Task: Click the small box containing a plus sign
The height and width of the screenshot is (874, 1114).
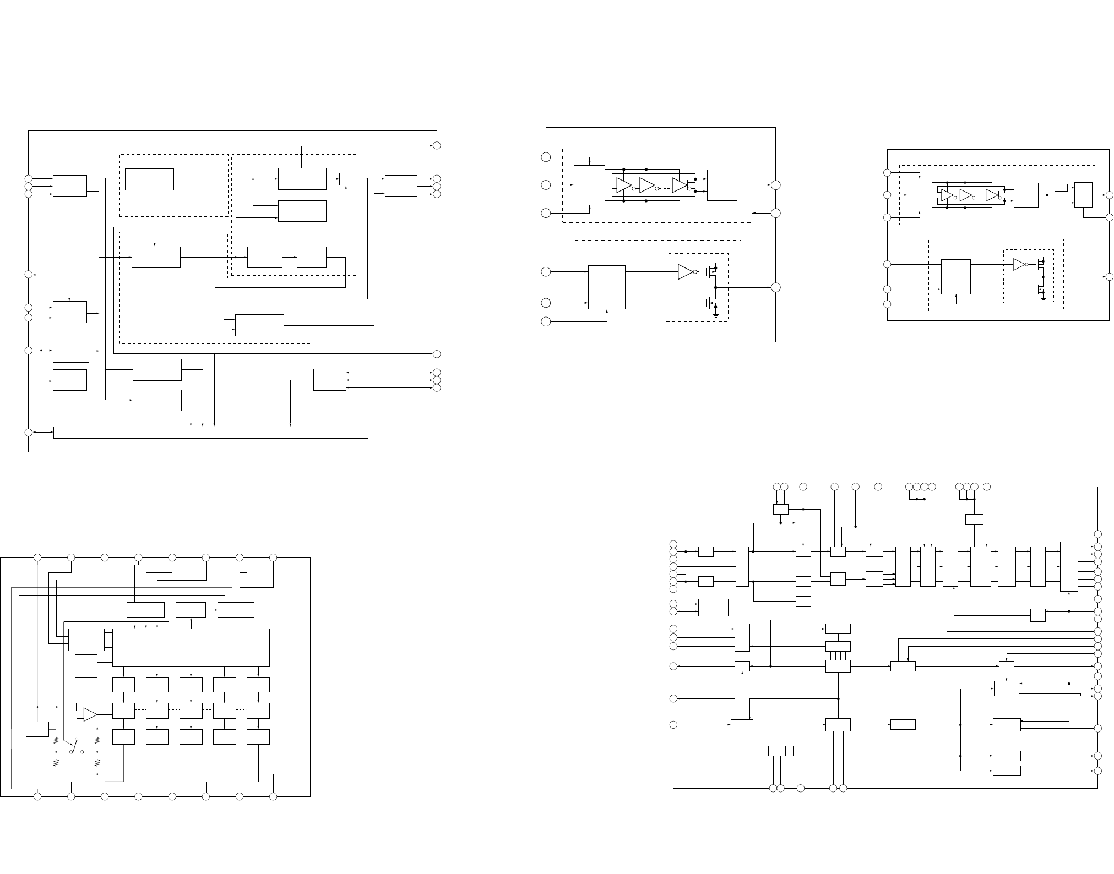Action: pyautogui.click(x=346, y=179)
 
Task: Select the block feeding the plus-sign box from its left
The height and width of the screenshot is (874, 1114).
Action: pyautogui.click(x=302, y=179)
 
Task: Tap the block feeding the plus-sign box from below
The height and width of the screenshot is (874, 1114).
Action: pyautogui.click(x=302, y=211)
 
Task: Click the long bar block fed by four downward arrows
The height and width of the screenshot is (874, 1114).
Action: pyautogui.click(x=210, y=433)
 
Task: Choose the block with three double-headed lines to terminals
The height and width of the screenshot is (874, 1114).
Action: pyautogui.click(x=329, y=380)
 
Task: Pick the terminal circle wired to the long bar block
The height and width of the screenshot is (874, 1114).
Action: pyautogui.click(x=29, y=433)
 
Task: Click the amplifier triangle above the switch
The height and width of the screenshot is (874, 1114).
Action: pyautogui.click(x=90, y=714)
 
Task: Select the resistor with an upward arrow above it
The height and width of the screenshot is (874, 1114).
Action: pyautogui.click(x=97, y=741)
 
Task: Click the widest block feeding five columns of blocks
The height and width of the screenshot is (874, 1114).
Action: pyautogui.click(x=191, y=647)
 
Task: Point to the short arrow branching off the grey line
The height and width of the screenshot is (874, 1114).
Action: pyautogui.click(x=48, y=707)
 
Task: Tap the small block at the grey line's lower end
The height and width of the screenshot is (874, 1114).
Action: pyautogui.click(x=37, y=729)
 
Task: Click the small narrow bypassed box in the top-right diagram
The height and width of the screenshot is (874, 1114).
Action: pyautogui.click(x=1061, y=188)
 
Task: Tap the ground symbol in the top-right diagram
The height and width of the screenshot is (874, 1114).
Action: pyautogui.click(x=1043, y=301)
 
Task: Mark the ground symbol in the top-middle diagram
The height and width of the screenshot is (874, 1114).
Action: pyautogui.click(x=716, y=315)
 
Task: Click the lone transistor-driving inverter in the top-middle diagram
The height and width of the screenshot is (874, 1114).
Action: pyautogui.click(x=686, y=272)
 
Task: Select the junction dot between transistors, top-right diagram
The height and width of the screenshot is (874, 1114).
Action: pyautogui.click(x=1043, y=277)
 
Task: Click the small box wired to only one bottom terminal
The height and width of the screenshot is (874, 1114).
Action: pyautogui.click(x=801, y=751)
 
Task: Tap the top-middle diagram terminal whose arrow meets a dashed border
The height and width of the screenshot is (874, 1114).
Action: pyautogui.click(x=775, y=213)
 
